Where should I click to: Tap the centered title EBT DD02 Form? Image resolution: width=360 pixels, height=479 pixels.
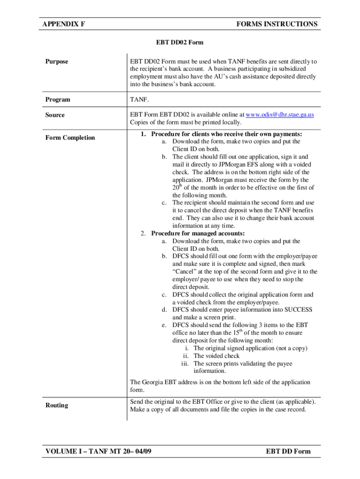pos(180,43)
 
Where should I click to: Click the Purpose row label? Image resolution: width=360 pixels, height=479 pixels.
pos(57,62)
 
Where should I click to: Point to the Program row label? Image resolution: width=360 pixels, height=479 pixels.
pos(58,100)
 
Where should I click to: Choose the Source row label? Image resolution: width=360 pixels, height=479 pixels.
pos(55,115)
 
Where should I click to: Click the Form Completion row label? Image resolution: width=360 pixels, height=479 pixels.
pos(70,138)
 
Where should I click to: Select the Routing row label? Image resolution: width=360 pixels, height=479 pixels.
pos(57,405)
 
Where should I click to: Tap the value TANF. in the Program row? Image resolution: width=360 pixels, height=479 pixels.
pos(139,100)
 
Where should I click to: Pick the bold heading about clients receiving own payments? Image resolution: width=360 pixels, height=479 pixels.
pos(226,134)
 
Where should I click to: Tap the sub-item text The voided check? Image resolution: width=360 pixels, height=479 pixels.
pos(216,356)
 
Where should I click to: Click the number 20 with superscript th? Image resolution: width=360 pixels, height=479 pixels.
pos(177,188)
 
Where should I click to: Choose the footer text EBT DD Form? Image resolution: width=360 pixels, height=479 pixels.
pos(288,451)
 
